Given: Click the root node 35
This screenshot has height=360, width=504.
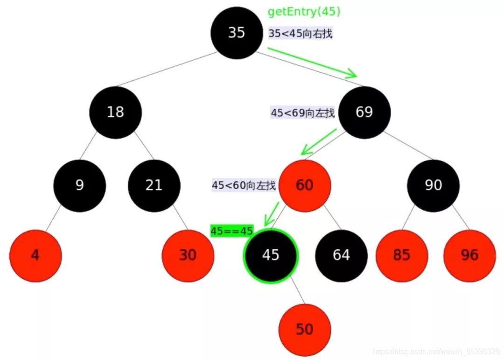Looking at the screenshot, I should (237, 33).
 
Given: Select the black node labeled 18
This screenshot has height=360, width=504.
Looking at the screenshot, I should (116, 112).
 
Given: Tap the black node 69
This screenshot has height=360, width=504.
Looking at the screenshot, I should (364, 112).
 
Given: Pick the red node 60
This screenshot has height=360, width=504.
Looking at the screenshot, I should (305, 185).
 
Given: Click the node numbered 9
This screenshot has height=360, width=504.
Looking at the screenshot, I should (80, 185).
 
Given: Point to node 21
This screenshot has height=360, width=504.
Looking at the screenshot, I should (154, 185).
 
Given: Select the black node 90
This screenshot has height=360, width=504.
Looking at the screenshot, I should (433, 185).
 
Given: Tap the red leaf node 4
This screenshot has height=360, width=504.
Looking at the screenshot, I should (35, 255).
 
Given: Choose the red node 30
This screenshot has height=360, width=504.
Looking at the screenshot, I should (188, 255).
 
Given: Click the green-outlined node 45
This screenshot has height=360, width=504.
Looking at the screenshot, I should (271, 255).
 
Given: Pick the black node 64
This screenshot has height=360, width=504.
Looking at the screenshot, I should (342, 255).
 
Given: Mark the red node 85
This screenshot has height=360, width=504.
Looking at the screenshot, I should (401, 255).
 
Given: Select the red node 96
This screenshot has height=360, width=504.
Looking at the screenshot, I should (469, 255).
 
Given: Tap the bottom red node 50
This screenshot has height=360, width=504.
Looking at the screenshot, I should (305, 330).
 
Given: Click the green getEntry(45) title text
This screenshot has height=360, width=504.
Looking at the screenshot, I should (304, 12).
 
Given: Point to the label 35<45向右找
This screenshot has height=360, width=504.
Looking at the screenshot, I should (301, 33).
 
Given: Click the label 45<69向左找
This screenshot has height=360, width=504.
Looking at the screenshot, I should (303, 113).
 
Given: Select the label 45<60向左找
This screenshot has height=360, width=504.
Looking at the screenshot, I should (244, 185).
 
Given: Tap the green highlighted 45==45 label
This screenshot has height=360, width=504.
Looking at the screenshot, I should (232, 231).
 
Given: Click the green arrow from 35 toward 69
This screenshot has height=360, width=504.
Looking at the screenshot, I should (312, 62).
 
